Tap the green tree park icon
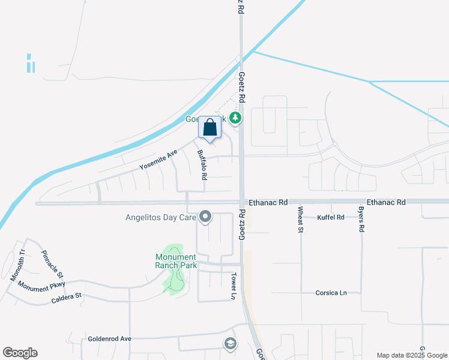237,118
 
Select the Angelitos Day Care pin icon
205,217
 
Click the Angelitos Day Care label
158,217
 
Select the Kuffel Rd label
331,217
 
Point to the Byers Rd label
362,221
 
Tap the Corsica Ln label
331,293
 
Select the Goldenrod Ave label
109,338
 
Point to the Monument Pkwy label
41,287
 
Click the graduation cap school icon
229,344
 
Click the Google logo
20,353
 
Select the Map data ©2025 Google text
411,355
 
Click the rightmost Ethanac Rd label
386,203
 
